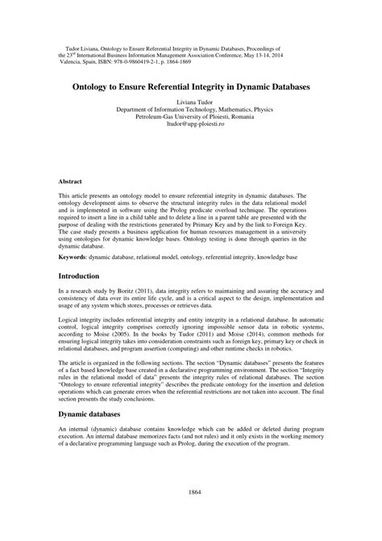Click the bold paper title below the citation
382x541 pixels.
tap(192, 85)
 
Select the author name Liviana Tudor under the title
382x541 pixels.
tap(192, 103)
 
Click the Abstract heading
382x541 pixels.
tap(73, 182)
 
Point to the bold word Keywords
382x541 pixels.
tap(77, 257)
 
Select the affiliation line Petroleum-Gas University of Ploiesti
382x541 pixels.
tap(192, 119)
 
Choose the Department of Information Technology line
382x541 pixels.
tap(192, 111)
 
